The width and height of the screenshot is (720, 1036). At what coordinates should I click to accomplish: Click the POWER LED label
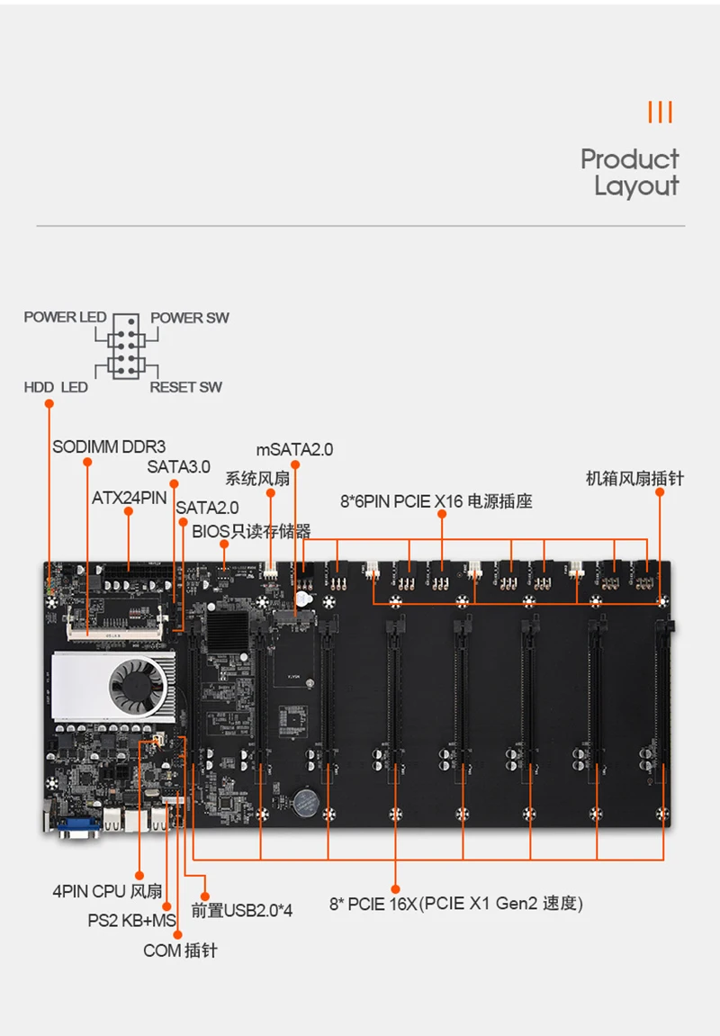[x=65, y=317]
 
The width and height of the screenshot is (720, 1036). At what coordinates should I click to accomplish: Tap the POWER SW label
[x=189, y=317]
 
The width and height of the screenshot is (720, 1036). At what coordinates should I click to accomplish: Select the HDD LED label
[x=56, y=387]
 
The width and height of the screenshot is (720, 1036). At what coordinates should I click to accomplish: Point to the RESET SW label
[x=185, y=387]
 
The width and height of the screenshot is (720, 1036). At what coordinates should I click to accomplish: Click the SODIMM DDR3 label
[x=109, y=446]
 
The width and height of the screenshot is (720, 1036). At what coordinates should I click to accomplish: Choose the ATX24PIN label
[x=129, y=497]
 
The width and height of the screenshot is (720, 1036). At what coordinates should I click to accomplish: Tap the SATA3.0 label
[x=178, y=466]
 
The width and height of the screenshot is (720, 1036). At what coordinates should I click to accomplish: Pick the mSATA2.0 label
[x=294, y=449]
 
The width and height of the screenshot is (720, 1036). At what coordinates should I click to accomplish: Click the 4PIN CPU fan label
[x=107, y=892]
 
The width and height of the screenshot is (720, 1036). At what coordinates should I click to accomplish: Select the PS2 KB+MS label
[x=131, y=921]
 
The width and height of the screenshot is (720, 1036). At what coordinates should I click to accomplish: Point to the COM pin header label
[x=180, y=950]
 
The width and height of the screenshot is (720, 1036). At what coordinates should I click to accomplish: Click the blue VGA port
[x=78, y=826]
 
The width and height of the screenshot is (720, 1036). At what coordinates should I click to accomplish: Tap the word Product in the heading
[x=629, y=159]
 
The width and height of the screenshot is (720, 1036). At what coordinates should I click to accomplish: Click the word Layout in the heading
[x=635, y=186]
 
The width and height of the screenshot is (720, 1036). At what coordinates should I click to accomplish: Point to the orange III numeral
[x=660, y=113]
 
